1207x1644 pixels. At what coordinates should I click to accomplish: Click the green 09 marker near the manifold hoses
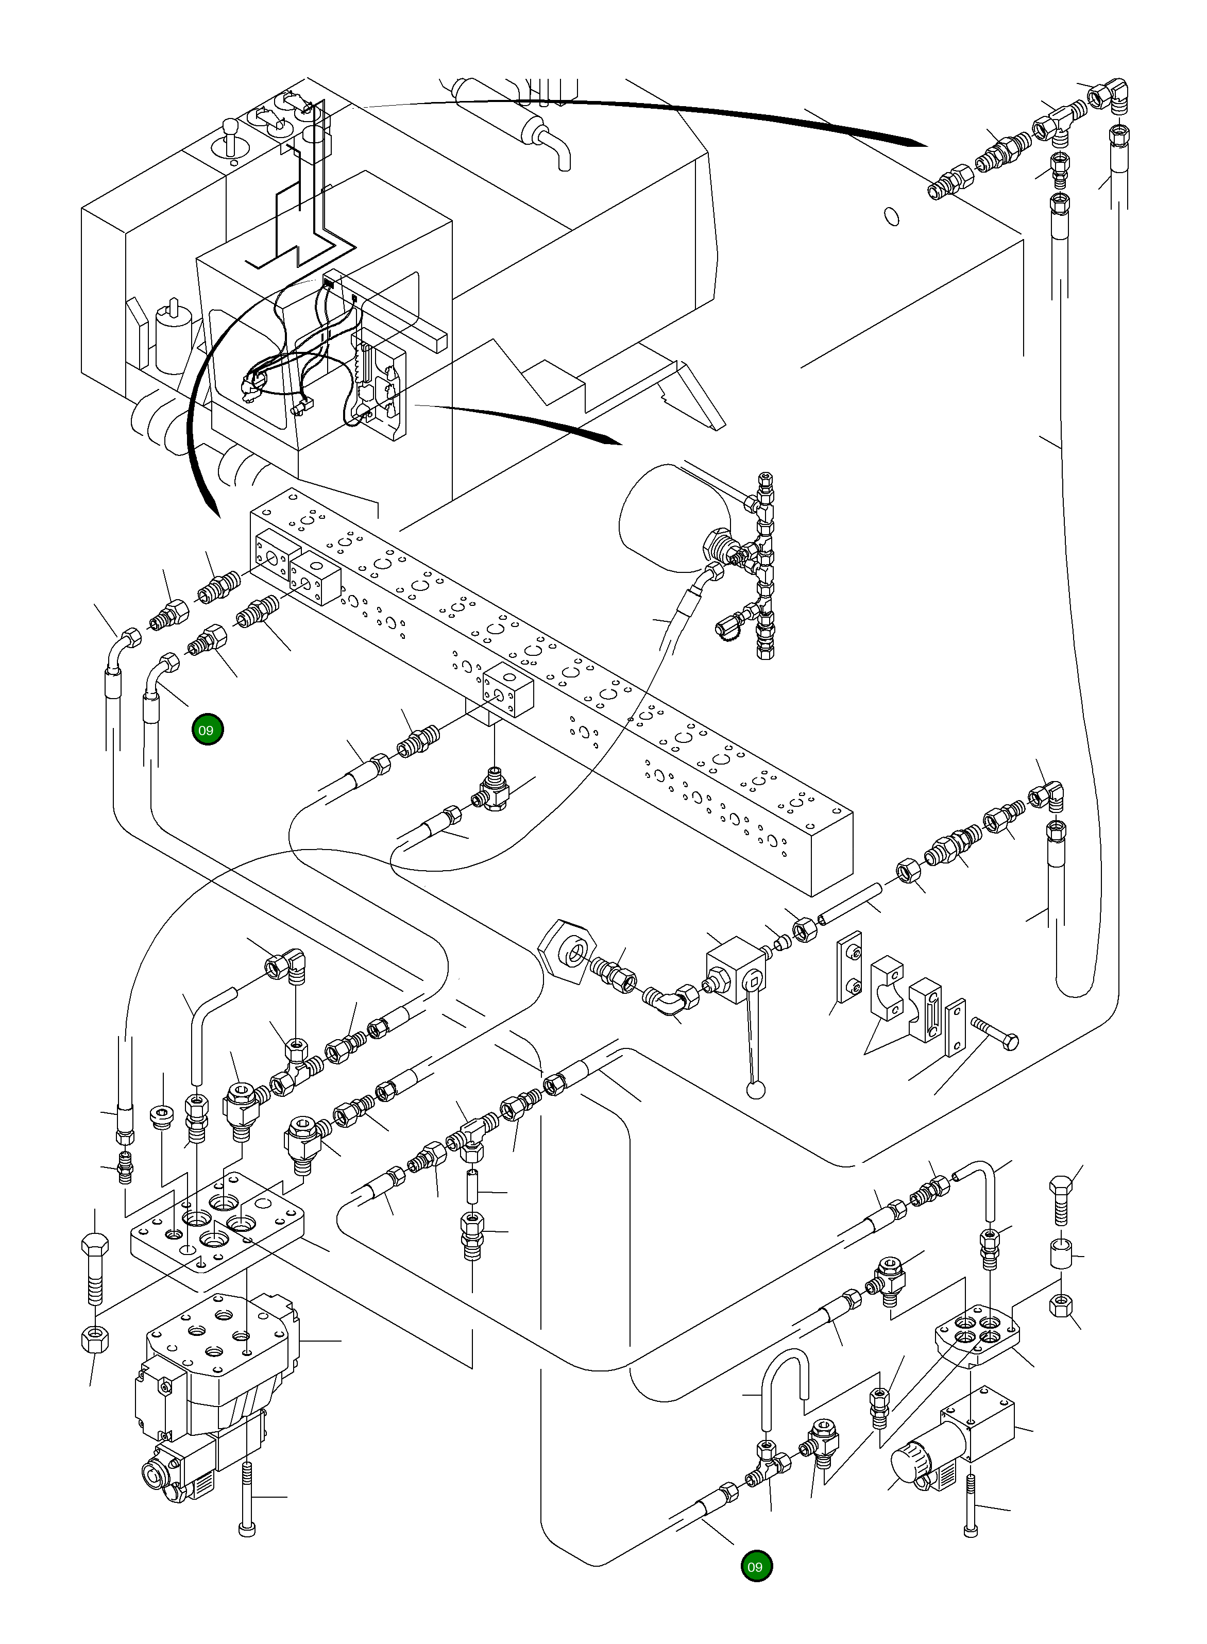coord(208,730)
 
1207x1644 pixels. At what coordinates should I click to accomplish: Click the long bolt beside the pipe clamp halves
coord(995,1032)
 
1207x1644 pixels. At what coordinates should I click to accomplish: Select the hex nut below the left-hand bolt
coord(94,1337)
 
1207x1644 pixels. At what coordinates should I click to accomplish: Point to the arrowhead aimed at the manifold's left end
coord(213,510)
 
